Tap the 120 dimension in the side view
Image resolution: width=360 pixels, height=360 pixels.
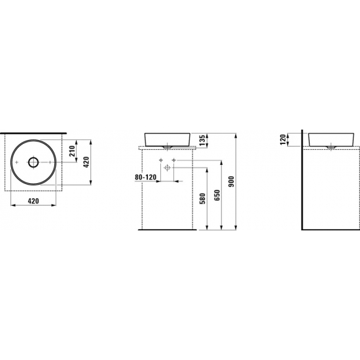(x=282, y=139)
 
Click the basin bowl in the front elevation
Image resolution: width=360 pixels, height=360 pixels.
(x=168, y=139)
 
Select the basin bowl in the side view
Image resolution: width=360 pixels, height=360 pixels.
(x=332, y=139)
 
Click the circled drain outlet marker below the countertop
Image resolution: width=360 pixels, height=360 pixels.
(x=168, y=168)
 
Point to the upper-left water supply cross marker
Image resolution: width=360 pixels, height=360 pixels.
(x=160, y=160)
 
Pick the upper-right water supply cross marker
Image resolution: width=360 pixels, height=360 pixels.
(x=173, y=160)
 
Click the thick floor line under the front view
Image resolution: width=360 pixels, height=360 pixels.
(x=168, y=230)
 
